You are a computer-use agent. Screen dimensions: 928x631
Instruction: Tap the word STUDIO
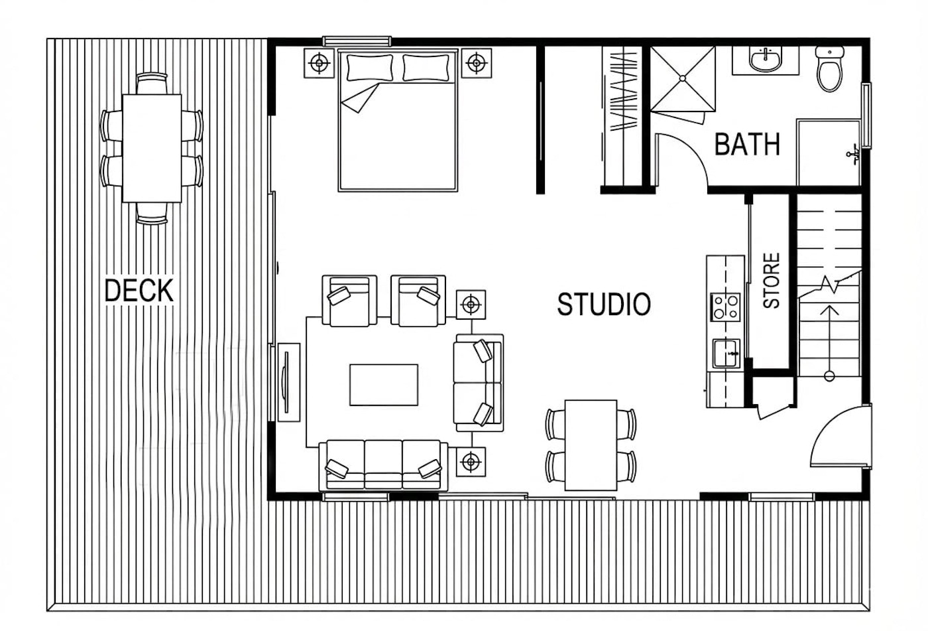604,305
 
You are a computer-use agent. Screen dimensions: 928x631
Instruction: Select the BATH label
748,144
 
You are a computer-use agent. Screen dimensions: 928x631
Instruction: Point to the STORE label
771,280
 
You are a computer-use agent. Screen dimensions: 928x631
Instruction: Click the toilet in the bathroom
829,68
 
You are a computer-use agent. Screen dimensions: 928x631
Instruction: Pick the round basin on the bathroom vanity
765,60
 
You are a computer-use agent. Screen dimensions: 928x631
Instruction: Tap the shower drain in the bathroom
683,78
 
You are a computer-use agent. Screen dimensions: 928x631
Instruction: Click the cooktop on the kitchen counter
725,307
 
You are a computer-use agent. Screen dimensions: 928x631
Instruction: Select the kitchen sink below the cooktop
726,354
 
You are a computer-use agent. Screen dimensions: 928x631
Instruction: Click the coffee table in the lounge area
384,385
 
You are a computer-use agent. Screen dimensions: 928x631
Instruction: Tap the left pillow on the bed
370,68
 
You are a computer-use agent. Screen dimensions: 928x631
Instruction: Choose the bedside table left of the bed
319,63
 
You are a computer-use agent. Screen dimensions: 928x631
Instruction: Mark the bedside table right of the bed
477,63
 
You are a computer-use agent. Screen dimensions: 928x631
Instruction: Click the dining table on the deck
152,149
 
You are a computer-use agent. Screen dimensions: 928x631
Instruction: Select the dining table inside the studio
591,445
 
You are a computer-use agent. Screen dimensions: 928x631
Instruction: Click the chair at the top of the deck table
152,84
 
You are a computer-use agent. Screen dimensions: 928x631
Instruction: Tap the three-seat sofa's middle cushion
383,464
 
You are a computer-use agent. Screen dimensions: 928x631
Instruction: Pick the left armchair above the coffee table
350,301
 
